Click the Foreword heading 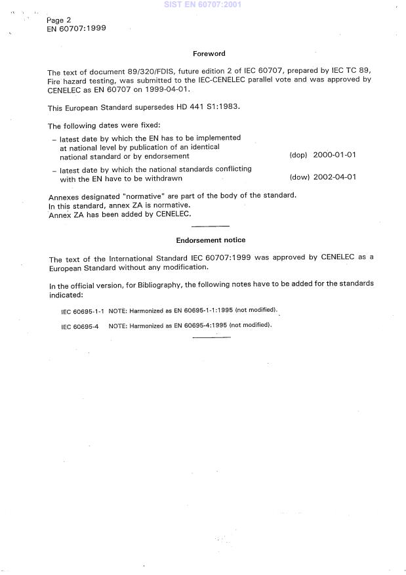209,54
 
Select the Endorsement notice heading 210,240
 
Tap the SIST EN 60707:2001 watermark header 203,4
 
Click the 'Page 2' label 59,20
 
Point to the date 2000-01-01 335,156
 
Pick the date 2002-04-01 335,177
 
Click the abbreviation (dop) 298,156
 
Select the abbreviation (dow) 298,177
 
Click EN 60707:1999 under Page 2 77,29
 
